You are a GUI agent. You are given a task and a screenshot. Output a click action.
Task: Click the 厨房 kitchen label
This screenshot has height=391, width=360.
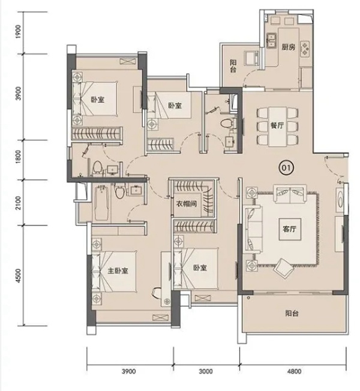click(288, 47)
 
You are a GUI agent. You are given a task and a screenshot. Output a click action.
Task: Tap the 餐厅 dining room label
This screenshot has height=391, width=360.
click(277, 125)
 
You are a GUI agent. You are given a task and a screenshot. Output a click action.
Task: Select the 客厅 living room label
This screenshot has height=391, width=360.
click(289, 228)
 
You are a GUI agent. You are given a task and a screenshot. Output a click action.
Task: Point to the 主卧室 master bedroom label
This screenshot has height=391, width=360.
click(118, 270)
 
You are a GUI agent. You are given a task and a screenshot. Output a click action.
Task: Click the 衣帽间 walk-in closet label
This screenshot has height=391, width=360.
click(187, 204)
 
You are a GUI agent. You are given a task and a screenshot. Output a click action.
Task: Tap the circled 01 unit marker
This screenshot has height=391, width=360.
click(286, 168)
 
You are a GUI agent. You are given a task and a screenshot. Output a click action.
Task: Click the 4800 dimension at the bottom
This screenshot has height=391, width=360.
click(294, 372)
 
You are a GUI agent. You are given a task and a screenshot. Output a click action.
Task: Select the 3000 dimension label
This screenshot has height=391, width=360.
click(206, 372)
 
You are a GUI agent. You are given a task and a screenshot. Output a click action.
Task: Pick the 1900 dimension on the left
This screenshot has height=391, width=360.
click(19, 32)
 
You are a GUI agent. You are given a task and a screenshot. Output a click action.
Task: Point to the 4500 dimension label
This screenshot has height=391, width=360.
click(19, 275)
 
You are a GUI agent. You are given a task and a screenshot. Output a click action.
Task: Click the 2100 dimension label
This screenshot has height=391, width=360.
click(19, 203)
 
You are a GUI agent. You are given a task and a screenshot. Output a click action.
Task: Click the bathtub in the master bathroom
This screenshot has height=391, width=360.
click(101, 203)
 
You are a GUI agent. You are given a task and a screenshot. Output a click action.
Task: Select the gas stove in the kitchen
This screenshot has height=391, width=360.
click(305, 48)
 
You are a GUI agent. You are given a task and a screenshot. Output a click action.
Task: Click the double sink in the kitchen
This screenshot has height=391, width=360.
click(271, 41)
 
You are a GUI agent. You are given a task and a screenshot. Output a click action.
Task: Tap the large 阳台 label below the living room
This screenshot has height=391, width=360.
click(292, 313)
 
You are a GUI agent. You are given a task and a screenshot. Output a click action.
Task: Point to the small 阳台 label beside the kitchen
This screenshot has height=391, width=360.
click(233, 66)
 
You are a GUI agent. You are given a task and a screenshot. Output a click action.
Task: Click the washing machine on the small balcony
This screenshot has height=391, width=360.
click(251, 58)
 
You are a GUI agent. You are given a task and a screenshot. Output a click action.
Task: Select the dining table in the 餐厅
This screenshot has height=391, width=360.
click(277, 127)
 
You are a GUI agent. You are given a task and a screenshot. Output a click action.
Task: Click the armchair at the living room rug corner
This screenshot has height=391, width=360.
click(284, 268)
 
